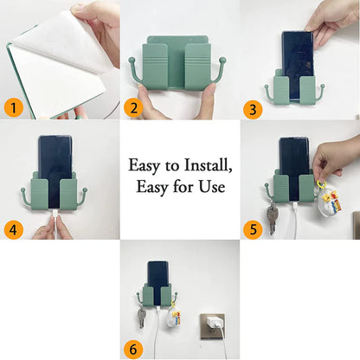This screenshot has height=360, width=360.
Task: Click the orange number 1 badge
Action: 13,107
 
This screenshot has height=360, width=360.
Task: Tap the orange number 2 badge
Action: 132,107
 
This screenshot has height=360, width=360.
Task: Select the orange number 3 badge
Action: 253,107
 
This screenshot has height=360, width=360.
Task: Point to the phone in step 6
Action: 158,276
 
